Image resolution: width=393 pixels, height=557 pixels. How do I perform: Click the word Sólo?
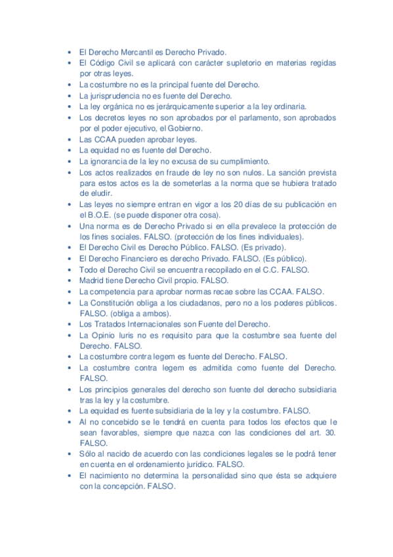pyautogui.click(x=88, y=454)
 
